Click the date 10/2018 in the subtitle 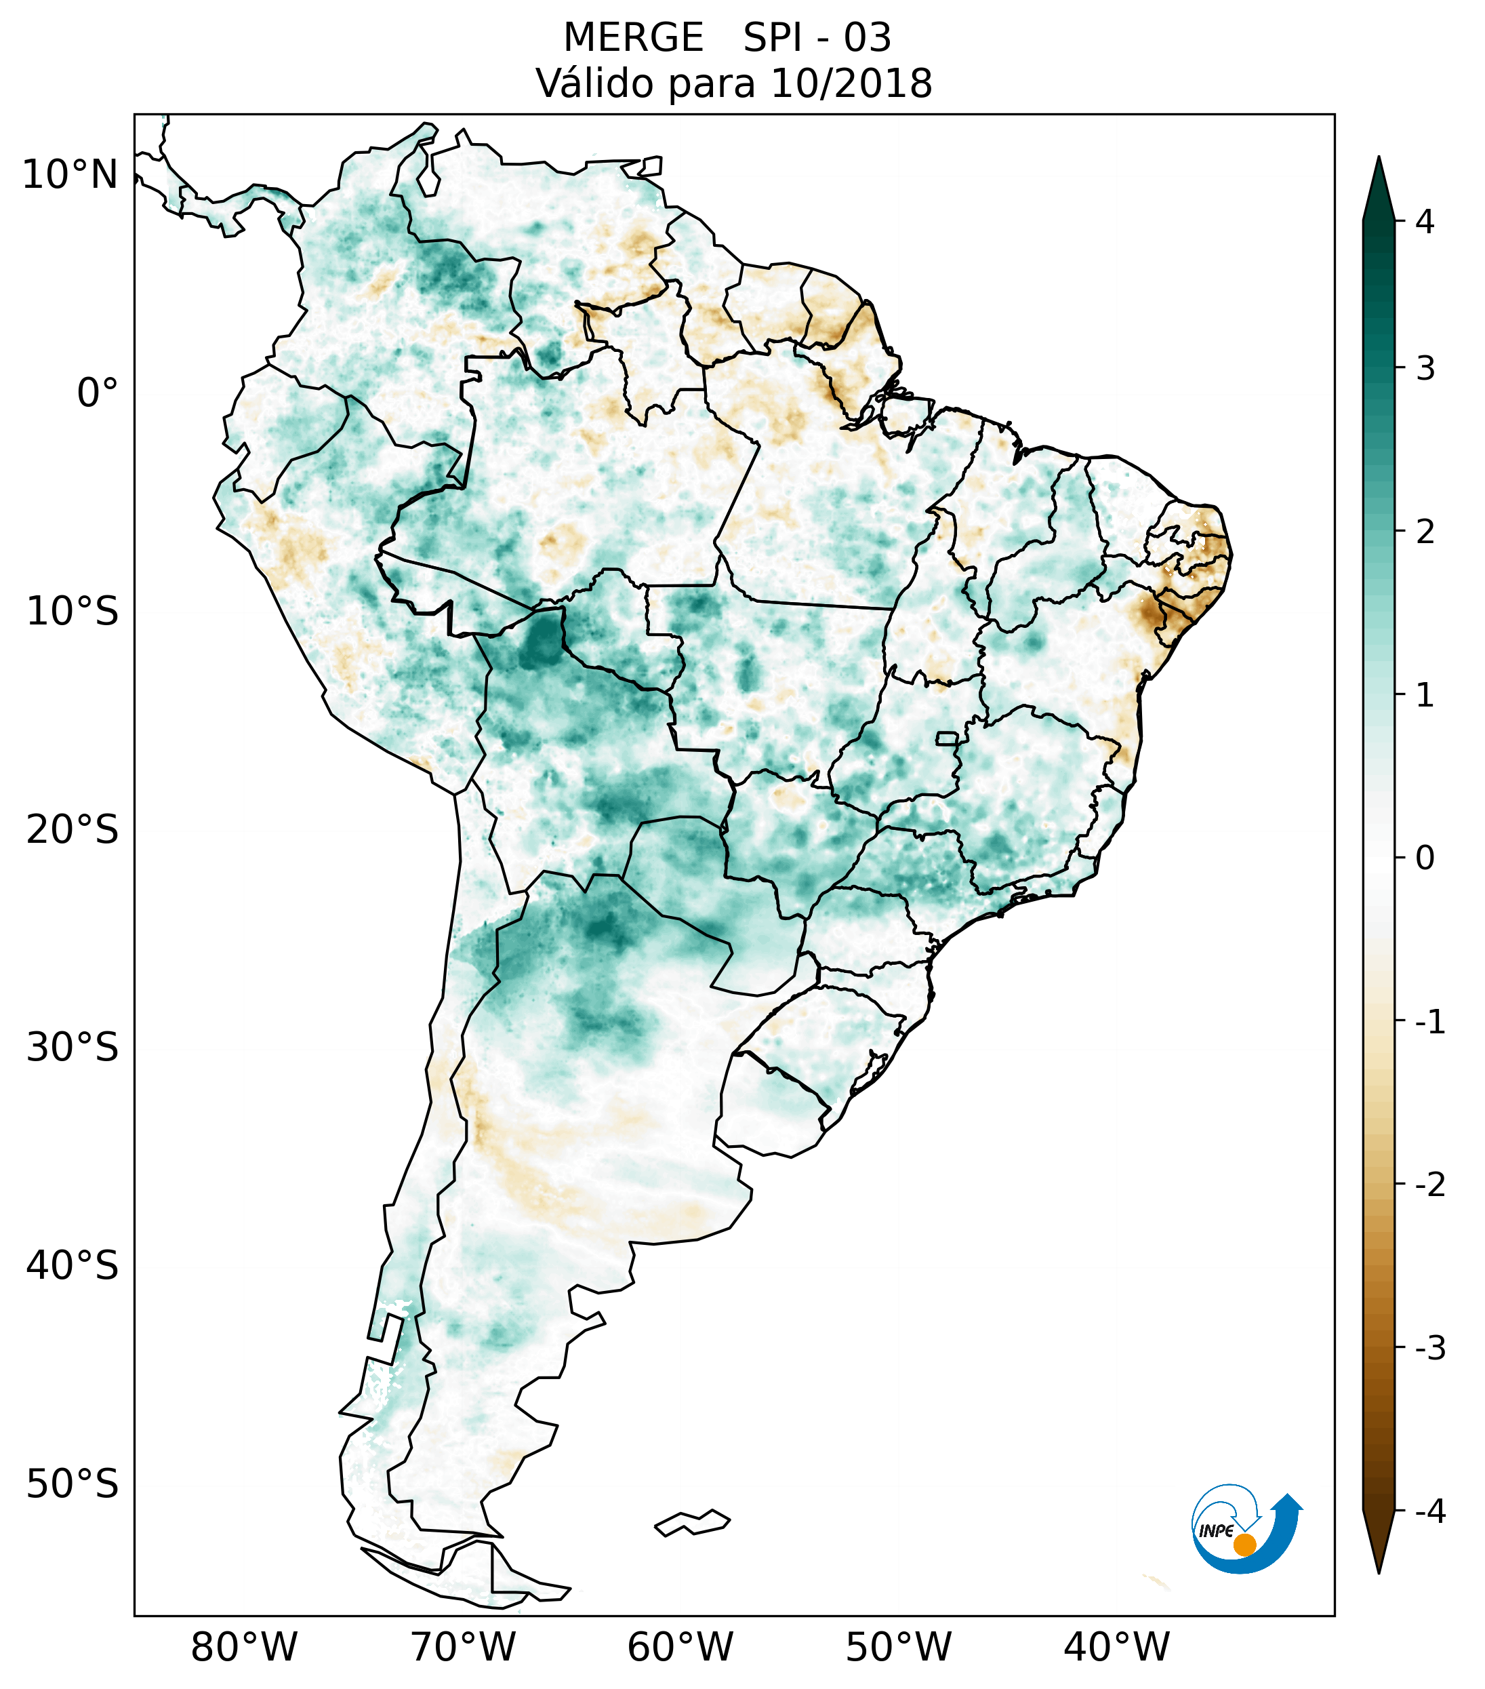[x=851, y=83]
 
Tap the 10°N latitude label [x=70, y=175]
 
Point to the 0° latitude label [x=98, y=393]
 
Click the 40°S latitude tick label [x=73, y=1265]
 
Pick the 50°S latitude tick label [x=73, y=1484]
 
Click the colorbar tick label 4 [x=1425, y=222]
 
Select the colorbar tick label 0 [x=1425, y=858]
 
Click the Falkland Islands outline [x=692, y=1522]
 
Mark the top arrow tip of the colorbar [x=1378, y=159]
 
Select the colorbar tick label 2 [x=1425, y=532]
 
